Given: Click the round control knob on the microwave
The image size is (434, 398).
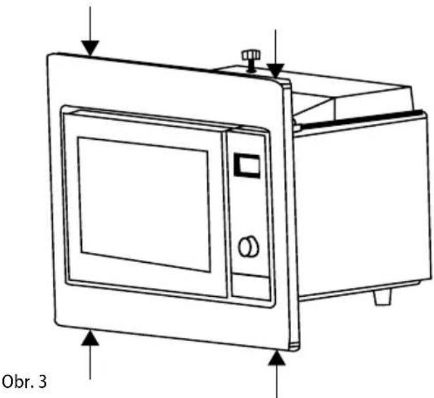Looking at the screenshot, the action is click(x=248, y=246).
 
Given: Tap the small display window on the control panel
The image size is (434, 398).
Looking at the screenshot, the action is click(x=247, y=166).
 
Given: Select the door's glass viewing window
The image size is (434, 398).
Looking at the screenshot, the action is click(x=144, y=204).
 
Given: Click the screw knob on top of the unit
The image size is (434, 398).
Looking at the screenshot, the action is click(x=251, y=60).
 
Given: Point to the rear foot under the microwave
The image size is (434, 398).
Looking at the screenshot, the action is click(x=382, y=297).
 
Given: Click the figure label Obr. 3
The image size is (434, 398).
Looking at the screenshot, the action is click(x=24, y=382).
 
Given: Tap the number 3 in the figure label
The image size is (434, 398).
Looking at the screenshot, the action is click(x=43, y=382).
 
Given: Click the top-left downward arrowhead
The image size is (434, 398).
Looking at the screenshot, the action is click(x=90, y=48).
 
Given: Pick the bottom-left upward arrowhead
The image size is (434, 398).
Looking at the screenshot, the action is click(x=90, y=338).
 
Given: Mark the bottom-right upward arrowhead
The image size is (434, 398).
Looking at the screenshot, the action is click(x=277, y=358).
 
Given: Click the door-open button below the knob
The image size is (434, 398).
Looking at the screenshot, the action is click(x=251, y=288).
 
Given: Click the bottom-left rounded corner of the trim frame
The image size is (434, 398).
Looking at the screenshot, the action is click(x=58, y=323).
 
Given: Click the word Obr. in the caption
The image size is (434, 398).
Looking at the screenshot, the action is click(x=18, y=382).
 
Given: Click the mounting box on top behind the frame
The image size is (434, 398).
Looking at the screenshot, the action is click(x=319, y=91).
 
